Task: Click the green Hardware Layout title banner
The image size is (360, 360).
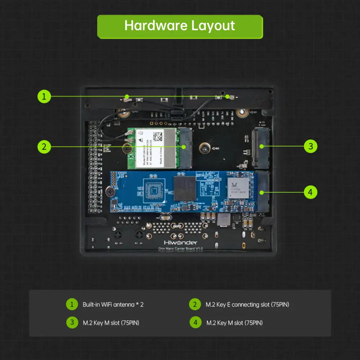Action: click(180, 26)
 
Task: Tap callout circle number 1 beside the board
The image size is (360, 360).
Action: click(44, 96)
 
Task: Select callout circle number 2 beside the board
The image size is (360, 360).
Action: click(44, 147)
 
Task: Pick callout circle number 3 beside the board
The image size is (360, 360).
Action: click(310, 146)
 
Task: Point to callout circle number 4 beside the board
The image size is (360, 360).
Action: click(310, 192)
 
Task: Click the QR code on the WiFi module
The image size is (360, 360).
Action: click(158, 136)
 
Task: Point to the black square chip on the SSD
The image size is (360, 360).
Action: click(185, 188)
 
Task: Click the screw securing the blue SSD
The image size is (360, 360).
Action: click(110, 193)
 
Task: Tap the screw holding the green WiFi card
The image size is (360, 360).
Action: click(127, 148)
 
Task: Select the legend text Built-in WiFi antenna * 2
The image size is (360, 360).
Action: click(113, 305)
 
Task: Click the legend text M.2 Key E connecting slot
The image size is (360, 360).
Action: click(247, 305)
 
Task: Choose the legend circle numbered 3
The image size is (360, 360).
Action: click(72, 322)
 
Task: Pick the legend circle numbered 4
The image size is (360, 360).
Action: click(195, 322)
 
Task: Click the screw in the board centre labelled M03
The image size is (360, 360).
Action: click(204, 148)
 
